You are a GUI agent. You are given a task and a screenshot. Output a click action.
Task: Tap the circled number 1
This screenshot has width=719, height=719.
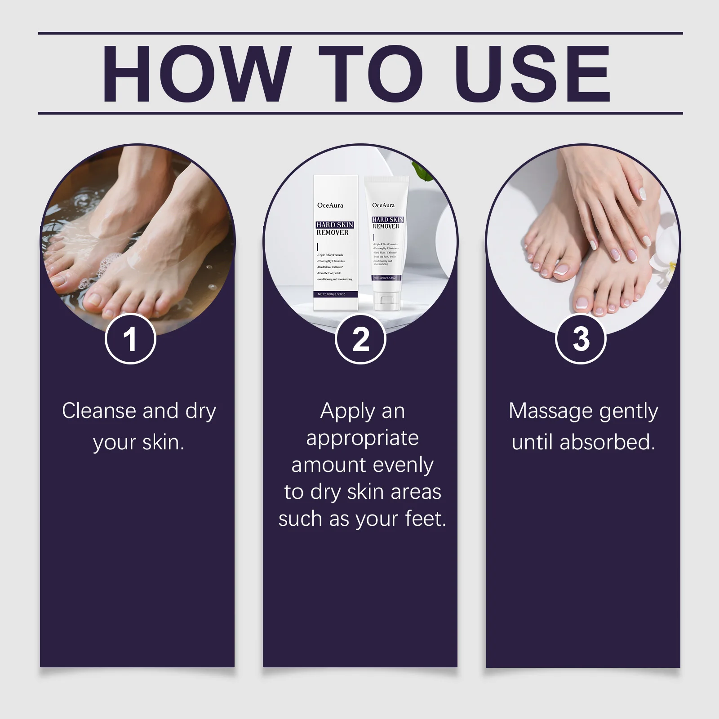click(x=130, y=339)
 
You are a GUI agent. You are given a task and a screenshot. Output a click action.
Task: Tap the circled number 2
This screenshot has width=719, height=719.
click(x=360, y=339)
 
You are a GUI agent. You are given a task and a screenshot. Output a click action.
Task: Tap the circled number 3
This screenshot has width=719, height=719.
click(x=581, y=339)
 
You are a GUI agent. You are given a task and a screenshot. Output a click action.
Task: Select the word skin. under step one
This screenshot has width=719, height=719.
click(x=163, y=443)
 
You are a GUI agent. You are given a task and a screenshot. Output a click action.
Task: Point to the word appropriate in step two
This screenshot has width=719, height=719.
click(x=362, y=438)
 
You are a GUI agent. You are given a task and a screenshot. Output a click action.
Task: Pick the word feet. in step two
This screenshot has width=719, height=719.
click(x=425, y=519)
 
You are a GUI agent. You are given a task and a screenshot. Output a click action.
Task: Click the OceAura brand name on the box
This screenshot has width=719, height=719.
click(x=330, y=205)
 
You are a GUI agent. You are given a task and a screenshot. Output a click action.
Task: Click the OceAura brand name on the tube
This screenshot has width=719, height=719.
click(x=383, y=205)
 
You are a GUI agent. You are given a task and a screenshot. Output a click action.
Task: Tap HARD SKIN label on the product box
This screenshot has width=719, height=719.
click(x=334, y=225)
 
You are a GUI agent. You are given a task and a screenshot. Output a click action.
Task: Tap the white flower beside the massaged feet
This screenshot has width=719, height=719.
click(x=670, y=265)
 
